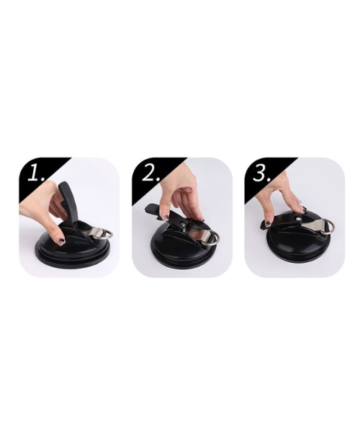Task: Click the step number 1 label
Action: tap(36, 174)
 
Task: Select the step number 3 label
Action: tap(262, 174)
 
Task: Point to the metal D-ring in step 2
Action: tap(215, 237)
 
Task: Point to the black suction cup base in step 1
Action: tap(73, 247)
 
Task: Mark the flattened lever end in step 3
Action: tap(268, 224)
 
